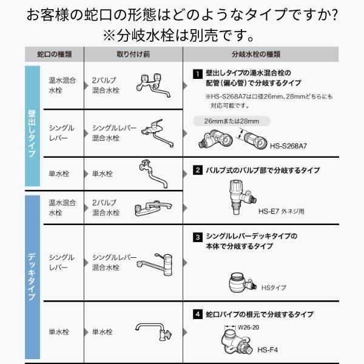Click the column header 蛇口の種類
(x=55, y=54)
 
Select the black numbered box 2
(x=197, y=170)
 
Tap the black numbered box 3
(x=197, y=236)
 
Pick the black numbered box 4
(x=197, y=314)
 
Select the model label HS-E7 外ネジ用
(x=280, y=212)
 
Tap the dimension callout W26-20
(x=249, y=328)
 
